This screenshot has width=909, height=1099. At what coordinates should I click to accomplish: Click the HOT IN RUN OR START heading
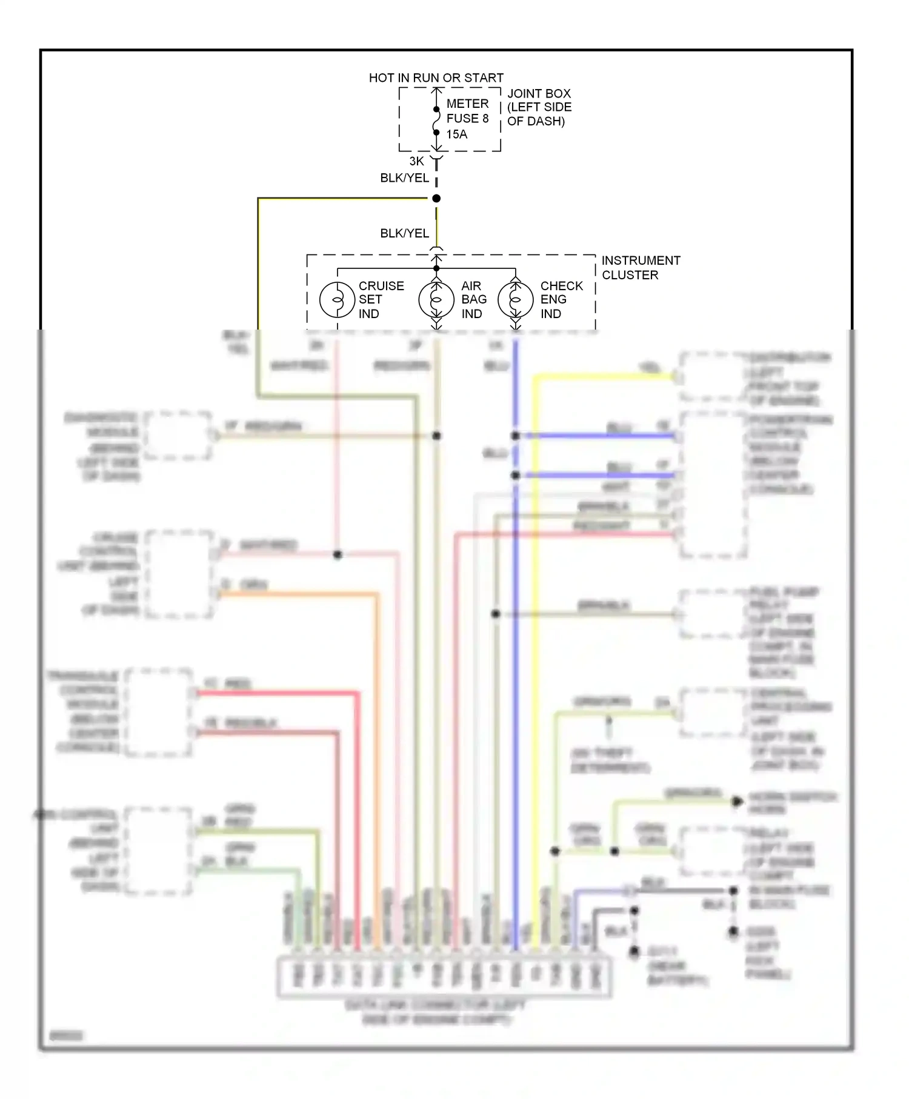pyautogui.click(x=436, y=78)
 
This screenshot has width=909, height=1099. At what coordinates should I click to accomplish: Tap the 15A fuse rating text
pyautogui.click(x=457, y=134)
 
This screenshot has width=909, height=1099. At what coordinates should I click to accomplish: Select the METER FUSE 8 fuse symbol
pyautogui.click(x=436, y=121)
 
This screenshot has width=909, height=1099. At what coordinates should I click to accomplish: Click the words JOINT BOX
pyautogui.click(x=539, y=93)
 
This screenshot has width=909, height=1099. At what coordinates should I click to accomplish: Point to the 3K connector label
pyautogui.click(x=416, y=161)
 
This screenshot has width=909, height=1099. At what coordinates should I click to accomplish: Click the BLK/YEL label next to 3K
pyautogui.click(x=404, y=178)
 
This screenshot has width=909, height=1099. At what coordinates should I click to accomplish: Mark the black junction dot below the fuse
pyautogui.click(x=436, y=198)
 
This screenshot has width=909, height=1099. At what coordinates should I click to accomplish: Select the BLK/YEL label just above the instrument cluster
pyautogui.click(x=404, y=233)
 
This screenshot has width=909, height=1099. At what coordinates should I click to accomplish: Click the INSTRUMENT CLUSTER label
pyautogui.click(x=640, y=267)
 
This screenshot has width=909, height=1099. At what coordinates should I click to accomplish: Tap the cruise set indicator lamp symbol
pyautogui.click(x=337, y=299)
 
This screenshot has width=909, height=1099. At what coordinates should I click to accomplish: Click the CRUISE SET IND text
pyautogui.click(x=381, y=299)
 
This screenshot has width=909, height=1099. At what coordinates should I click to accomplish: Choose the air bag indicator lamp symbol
pyautogui.click(x=436, y=299)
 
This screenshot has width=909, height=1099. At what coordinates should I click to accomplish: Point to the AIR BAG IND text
pyautogui.click(x=473, y=299)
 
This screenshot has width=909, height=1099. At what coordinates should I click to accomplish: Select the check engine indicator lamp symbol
pyautogui.click(x=516, y=299)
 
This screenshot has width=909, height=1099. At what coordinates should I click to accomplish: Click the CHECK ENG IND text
pyautogui.click(x=561, y=299)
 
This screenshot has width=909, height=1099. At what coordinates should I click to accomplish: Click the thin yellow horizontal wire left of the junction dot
pyautogui.click(x=345, y=198)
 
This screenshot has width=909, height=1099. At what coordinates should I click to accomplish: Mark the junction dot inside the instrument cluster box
pyautogui.click(x=436, y=268)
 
